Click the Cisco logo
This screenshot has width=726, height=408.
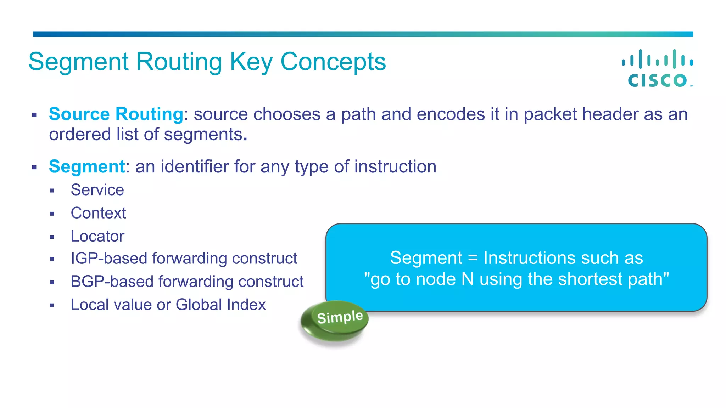(658, 68)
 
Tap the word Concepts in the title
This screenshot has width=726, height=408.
(333, 62)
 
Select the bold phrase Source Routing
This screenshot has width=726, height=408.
(116, 114)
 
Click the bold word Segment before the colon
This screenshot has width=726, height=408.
(87, 166)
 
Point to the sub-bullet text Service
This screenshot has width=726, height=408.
(97, 190)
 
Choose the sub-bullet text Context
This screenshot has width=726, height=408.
(98, 213)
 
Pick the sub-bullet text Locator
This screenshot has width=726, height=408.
(97, 236)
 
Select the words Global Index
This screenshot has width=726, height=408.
(220, 305)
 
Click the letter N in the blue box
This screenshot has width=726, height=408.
(468, 279)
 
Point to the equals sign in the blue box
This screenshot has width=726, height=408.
(473, 258)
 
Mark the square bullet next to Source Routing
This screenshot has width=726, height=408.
(34, 115)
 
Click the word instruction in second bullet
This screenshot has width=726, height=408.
(395, 166)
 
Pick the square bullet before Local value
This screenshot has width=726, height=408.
(52, 305)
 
